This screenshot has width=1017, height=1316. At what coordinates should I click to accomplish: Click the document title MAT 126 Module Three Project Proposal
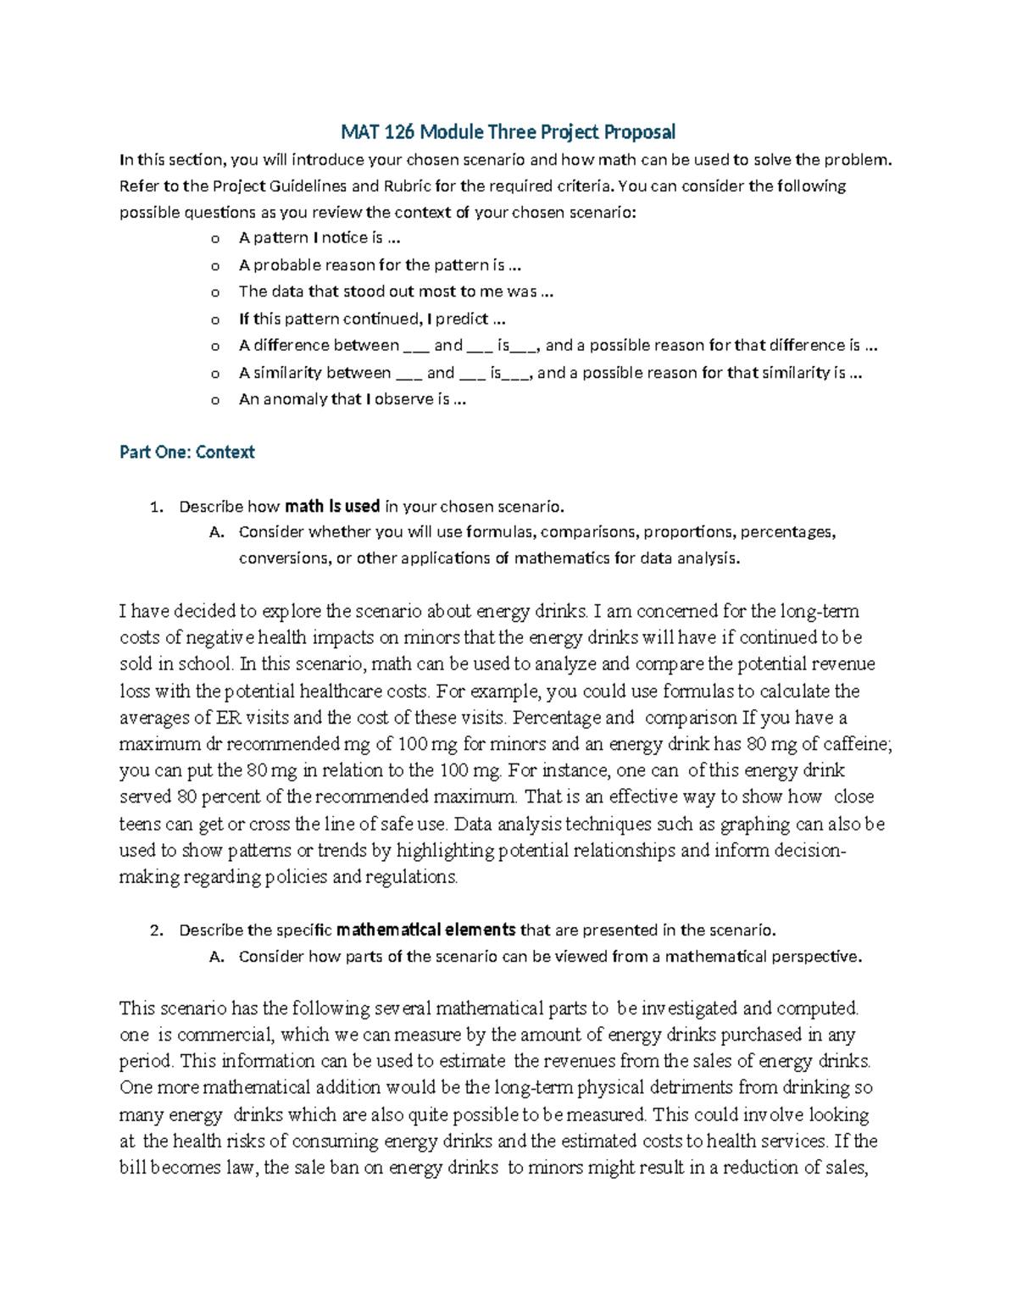(x=508, y=132)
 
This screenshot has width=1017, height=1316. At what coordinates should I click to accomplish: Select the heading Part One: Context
(x=186, y=453)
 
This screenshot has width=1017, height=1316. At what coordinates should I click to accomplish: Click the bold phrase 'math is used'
(x=331, y=507)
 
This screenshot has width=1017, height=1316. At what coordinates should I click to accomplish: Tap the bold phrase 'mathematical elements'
(x=425, y=930)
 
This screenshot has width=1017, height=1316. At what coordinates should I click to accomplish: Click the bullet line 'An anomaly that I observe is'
(x=352, y=399)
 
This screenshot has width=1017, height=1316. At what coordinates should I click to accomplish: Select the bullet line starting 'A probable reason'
(x=380, y=265)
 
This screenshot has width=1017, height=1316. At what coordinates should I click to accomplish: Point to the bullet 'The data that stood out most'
(x=395, y=292)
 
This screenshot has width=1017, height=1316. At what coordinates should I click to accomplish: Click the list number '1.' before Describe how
(x=155, y=508)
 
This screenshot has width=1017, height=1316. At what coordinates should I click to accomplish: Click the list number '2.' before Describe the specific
(x=155, y=930)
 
